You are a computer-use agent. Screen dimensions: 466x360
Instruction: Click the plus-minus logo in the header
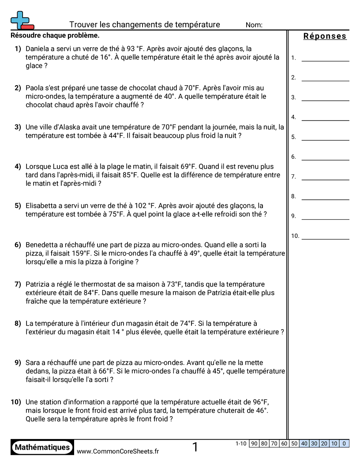pos(22,20)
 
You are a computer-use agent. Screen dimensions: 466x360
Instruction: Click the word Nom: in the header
pos(254,25)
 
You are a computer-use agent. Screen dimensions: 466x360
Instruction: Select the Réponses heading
pos(325,36)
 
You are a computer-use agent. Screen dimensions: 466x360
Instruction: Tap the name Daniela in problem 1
pos(38,49)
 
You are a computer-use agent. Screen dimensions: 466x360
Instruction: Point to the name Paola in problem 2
pos(35,88)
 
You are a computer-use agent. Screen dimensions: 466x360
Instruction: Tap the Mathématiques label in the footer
pos(42,447)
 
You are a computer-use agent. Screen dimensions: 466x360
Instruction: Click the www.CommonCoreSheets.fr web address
pos(118,451)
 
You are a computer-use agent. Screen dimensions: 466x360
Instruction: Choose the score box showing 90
pos(254,443)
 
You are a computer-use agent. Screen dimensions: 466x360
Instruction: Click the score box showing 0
pos(344,443)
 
